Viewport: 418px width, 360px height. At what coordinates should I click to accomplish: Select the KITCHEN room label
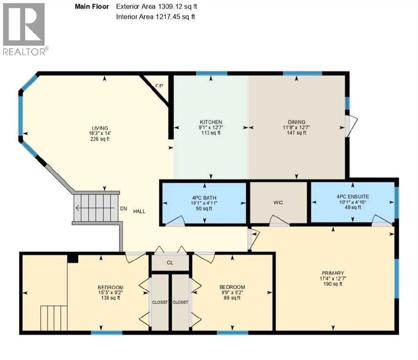[x=210, y=122]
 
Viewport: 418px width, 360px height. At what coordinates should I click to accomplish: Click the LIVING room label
[x=100, y=128]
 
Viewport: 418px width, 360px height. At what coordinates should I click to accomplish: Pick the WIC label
[x=278, y=202]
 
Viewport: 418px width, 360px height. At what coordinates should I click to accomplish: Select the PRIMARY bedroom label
[x=333, y=273]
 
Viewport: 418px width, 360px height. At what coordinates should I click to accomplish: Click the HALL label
[x=138, y=211]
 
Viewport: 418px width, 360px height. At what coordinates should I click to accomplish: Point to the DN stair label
[x=124, y=209]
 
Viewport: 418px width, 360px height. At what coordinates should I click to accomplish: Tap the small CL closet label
[x=170, y=262]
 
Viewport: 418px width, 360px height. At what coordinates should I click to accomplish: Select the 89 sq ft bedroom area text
[x=233, y=298]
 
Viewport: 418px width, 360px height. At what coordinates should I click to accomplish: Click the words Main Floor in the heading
[x=91, y=7]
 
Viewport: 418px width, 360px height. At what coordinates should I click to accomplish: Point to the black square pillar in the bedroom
[x=73, y=258]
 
